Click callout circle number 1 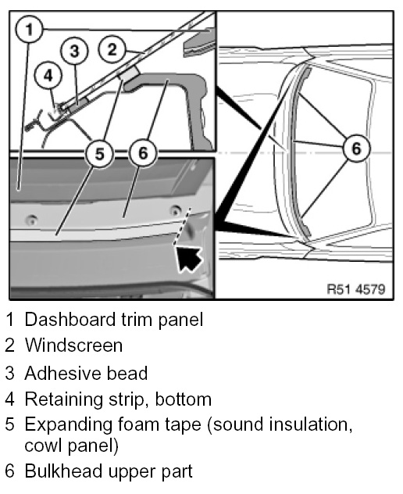pyautogui.click(x=29, y=30)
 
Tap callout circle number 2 pyautogui.click(x=112, y=49)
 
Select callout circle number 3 pyautogui.click(x=74, y=51)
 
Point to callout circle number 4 pyautogui.click(x=48, y=76)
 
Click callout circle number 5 pyautogui.click(x=99, y=154)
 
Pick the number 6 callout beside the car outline pyautogui.click(x=356, y=148)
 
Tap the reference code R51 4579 pyautogui.click(x=356, y=288)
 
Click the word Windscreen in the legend pyautogui.click(x=73, y=345)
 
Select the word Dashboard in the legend pyautogui.click(x=70, y=319)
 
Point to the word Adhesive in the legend pyautogui.click(x=63, y=373)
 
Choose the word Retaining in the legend pyautogui.click(x=63, y=399)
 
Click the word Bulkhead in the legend pyautogui.click(x=64, y=471)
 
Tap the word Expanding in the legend pyautogui.click(x=68, y=425)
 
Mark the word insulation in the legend pyautogui.click(x=310, y=424)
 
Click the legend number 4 pyautogui.click(x=9, y=399)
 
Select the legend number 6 pyautogui.click(x=9, y=471)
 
